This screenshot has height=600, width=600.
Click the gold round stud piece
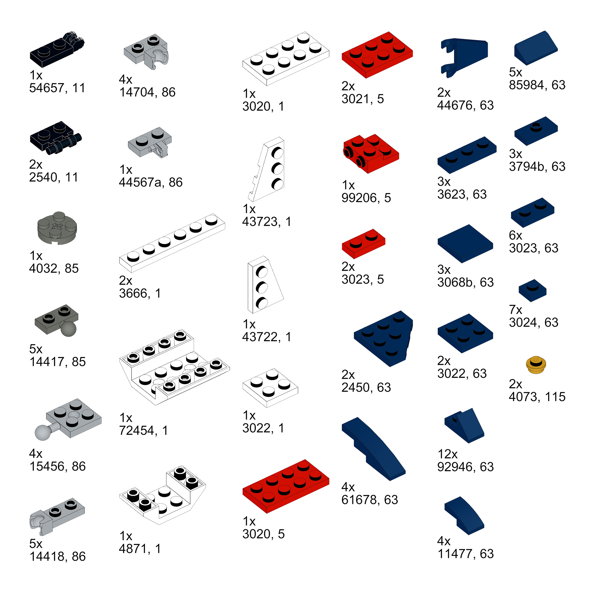(x=536, y=364)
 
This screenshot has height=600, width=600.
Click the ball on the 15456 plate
(x=42, y=433)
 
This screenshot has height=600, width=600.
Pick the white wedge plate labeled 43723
(x=267, y=169)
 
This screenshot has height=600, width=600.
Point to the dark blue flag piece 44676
(x=464, y=57)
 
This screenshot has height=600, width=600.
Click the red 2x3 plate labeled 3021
(x=377, y=55)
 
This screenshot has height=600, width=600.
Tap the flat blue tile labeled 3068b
(x=465, y=243)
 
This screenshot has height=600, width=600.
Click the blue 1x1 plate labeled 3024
(x=532, y=290)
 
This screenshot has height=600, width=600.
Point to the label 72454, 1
(x=144, y=430)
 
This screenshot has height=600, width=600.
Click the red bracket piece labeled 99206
(x=371, y=154)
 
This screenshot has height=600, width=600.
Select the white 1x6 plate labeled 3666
(x=172, y=243)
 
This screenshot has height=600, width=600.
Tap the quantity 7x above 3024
(x=515, y=310)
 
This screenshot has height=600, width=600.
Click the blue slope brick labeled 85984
(x=536, y=48)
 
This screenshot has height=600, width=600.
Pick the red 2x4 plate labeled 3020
(x=286, y=486)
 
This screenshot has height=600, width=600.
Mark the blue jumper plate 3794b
(x=536, y=131)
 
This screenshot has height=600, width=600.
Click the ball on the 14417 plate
(x=68, y=329)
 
